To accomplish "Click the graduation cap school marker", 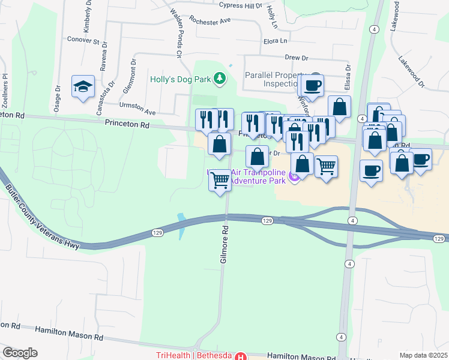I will pyautogui.click(x=83, y=86).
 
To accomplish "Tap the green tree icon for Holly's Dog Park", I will pyautogui.click(x=220, y=78).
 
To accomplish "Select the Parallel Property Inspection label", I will pyautogui.click(x=276, y=79).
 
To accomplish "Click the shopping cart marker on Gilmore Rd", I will pyautogui.click(x=220, y=179).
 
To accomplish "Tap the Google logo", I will pyautogui.click(x=20, y=352).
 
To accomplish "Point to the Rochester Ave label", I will pyautogui.click(x=209, y=20).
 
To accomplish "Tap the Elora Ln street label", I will pyautogui.click(x=276, y=41).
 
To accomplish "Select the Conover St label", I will pyautogui.click(x=84, y=41).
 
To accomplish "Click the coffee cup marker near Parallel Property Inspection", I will pyautogui.click(x=312, y=85).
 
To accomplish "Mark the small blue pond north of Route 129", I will pyautogui.click(x=182, y=226).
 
